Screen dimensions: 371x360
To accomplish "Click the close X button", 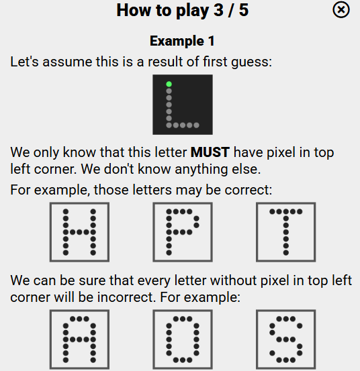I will (x=341, y=10).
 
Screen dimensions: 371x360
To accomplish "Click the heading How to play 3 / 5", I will (x=182, y=11).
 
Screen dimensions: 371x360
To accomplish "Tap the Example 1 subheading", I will (x=181, y=41).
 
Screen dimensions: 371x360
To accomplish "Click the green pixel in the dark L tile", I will (x=169, y=85).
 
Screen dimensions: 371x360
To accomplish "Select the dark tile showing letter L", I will (x=182, y=104).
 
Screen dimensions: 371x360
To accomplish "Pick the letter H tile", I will (x=79, y=232).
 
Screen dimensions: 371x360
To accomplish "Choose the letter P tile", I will (x=182, y=232).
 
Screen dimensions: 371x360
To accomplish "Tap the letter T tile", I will (x=285, y=232).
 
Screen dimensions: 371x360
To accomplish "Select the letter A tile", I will (x=79, y=340).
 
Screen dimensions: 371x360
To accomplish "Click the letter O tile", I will (x=182, y=340).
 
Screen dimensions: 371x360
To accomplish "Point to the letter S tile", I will (x=285, y=340).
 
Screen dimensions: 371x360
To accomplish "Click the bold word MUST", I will (x=210, y=153).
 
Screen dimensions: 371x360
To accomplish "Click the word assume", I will (x=62, y=62).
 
